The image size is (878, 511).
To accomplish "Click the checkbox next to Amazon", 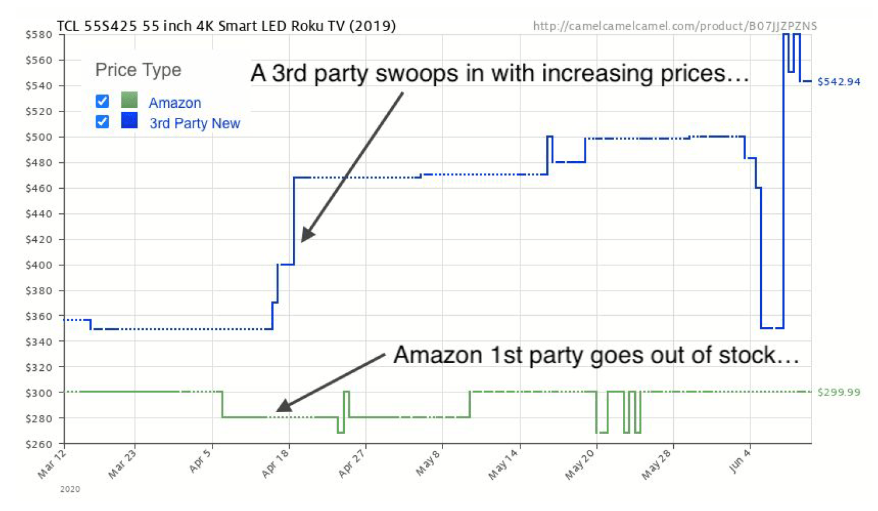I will pyautogui.click(x=102, y=101).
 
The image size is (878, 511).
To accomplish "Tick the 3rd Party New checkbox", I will pyautogui.click(x=102, y=122).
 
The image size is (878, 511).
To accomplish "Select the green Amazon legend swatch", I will pyautogui.click(x=129, y=100).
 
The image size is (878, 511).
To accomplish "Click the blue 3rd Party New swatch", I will pyautogui.click(x=129, y=120).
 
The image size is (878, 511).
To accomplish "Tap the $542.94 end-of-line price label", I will pyautogui.click(x=838, y=81).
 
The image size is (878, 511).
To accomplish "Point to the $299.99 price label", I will pyautogui.click(x=838, y=392).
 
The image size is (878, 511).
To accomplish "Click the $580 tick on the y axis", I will pyautogui.click(x=38, y=35).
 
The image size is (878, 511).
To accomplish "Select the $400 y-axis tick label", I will pyautogui.click(x=38, y=265).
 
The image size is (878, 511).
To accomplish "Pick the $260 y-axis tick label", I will pyautogui.click(x=38, y=444).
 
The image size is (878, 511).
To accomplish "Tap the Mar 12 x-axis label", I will pyautogui.click(x=52, y=464).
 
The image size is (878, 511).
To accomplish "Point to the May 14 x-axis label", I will pyautogui.click(x=502, y=465).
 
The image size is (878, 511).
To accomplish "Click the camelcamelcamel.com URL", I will pyautogui.click(x=674, y=26).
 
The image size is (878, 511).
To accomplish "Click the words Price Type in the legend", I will pyautogui.click(x=138, y=70).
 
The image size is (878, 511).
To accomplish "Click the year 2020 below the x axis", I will pyautogui.click(x=70, y=489).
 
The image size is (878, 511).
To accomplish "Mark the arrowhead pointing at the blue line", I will pyautogui.click(x=306, y=235).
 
